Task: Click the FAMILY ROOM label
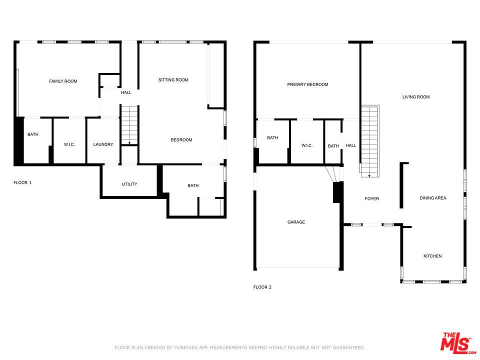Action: coord(63,81)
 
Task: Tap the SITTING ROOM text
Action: coord(173,80)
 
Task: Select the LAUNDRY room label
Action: coord(103,144)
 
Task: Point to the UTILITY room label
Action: coord(129,184)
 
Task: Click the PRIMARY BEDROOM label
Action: coord(307,84)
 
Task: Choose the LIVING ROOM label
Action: coord(415,97)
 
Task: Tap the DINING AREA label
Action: coord(432,198)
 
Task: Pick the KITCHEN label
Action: coord(432,256)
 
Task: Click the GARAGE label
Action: coord(296,222)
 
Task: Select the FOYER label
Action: coord(371,198)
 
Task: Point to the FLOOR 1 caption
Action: coord(22,182)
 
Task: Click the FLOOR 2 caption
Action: coord(262,287)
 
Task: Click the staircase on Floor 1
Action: coord(129,125)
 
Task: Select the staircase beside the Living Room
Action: coord(370,141)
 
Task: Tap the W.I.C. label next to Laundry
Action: coord(69,144)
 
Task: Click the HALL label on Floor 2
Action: coord(351,145)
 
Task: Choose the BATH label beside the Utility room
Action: coord(193,185)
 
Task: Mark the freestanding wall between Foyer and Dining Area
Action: coord(401,185)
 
